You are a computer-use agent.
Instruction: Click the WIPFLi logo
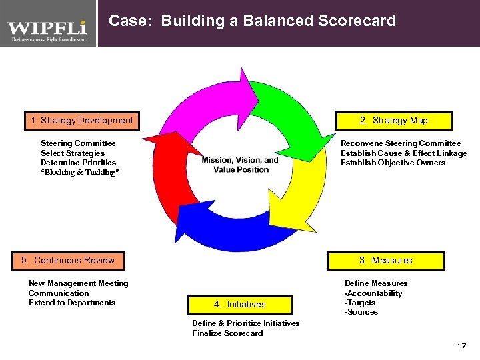pos(47,29)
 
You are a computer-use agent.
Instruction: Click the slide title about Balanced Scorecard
pos(252,21)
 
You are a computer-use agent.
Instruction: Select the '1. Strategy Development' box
pos(82,121)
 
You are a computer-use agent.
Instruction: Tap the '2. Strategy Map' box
pos(393,121)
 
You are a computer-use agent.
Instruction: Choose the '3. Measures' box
pos(385,261)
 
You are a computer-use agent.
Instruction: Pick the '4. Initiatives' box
pos(240,305)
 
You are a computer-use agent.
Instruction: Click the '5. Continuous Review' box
pos(69,261)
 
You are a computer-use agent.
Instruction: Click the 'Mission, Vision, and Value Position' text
pos(240,165)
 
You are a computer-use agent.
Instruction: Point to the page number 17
pos(461,347)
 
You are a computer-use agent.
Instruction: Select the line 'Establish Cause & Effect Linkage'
pos(403,153)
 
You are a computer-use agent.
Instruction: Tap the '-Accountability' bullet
pos(373,293)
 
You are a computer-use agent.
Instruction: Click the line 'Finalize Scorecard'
pos(227,333)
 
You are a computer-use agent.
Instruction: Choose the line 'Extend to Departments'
pos(72,303)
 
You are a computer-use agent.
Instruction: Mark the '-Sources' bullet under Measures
pos(361,312)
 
